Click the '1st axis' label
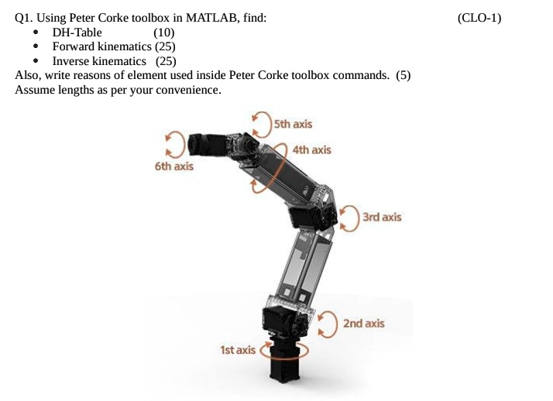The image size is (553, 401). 237,350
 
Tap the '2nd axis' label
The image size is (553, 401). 363,323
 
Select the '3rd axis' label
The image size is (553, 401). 382,218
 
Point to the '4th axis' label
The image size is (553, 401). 312,149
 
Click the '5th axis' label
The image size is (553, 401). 294,124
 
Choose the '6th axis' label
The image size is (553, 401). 174,166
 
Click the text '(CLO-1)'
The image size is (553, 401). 479,18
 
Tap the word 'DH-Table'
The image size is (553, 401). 77,33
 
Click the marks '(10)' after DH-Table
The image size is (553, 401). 164,33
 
